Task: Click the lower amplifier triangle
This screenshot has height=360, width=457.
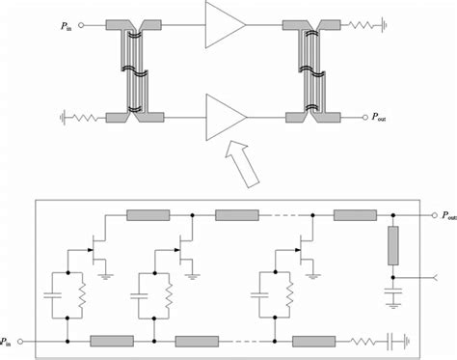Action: [224, 118]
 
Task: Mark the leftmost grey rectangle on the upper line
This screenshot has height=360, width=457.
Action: [146, 214]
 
